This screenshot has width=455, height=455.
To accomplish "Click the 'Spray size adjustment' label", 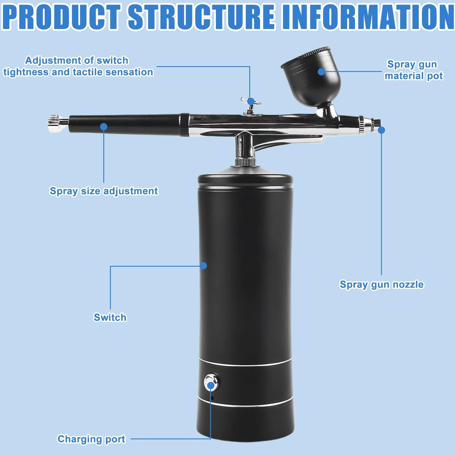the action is click(104, 191).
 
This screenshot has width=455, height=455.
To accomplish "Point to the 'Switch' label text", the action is click(110, 317).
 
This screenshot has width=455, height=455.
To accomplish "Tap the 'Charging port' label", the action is click(91, 439).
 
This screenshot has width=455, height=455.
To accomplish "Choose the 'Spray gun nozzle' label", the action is click(382, 285).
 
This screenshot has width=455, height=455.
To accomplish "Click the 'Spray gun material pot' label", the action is click(414, 70).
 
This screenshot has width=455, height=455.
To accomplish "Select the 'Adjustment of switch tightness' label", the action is click(78, 66).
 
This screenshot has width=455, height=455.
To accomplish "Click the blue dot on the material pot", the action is click(321, 72).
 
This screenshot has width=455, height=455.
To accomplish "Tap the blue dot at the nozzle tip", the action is click(382, 130).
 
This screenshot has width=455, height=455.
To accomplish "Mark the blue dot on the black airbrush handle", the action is click(104, 127).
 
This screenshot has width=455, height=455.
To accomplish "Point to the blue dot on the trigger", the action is click(251, 101).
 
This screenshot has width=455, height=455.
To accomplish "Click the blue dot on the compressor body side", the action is click(203, 266).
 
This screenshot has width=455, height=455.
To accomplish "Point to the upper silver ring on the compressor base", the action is click(245, 363).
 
